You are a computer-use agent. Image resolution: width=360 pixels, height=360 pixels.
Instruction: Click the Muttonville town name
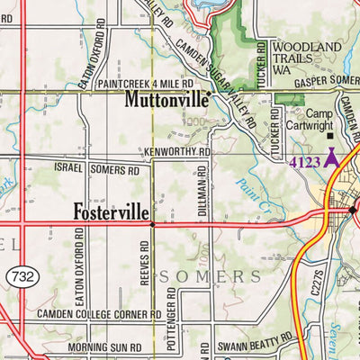(x=166, y=98)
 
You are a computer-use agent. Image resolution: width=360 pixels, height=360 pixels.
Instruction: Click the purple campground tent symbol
(x=329, y=157)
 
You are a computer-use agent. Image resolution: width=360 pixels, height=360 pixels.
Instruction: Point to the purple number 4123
(x=304, y=162)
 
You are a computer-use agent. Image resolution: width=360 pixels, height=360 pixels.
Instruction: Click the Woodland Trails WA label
(x=307, y=56)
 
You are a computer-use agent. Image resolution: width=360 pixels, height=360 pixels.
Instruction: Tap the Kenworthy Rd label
(x=175, y=153)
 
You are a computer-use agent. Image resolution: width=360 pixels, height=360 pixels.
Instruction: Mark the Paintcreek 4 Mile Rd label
(x=146, y=83)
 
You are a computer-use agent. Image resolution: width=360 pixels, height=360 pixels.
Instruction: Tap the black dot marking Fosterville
(x=152, y=224)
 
